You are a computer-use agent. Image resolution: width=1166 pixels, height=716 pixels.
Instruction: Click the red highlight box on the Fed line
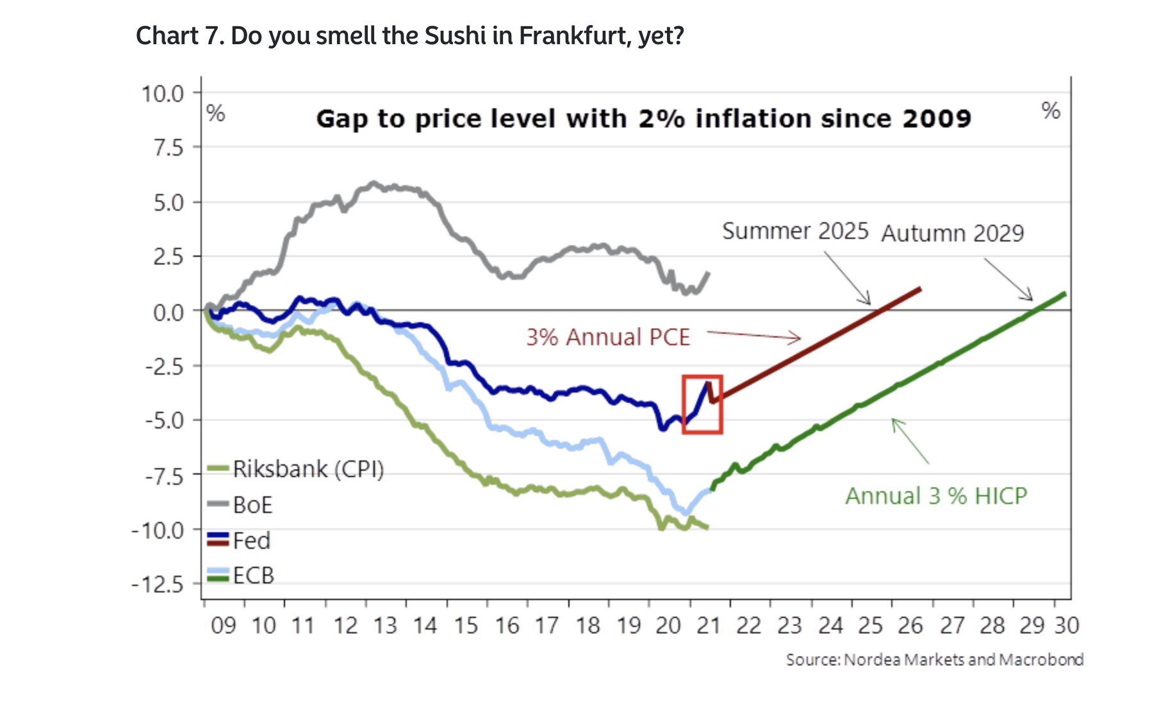coord(702,405)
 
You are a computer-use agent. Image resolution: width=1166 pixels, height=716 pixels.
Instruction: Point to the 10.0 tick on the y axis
coord(163,94)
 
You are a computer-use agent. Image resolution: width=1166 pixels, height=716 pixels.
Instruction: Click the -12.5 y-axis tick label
coord(158,585)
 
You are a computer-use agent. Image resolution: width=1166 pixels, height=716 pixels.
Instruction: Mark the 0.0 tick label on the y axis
coord(168,313)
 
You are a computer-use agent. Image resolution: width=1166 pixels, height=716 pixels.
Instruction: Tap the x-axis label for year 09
coord(224,626)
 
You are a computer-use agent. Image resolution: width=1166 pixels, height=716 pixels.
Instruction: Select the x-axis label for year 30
coord(1067,626)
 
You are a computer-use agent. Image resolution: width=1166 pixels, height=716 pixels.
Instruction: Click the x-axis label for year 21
coord(709,626)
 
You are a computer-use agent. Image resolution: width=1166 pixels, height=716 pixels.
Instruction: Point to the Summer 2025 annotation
coord(795,231)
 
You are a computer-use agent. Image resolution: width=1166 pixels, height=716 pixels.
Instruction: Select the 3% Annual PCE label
coord(608,338)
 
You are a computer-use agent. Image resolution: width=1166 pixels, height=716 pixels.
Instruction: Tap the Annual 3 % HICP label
coord(936,496)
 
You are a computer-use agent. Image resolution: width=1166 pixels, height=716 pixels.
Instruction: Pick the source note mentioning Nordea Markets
coord(935,660)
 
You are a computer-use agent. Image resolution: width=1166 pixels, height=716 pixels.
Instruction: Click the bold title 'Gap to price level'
coord(643,119)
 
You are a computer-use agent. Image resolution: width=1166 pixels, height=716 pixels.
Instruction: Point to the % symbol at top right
coord(1051,111)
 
